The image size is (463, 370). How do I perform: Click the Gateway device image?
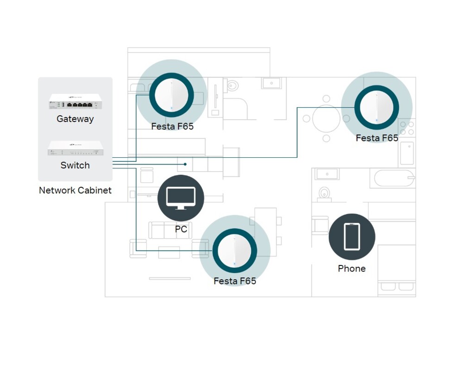[75, 102]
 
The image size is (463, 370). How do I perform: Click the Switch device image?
[75, 148]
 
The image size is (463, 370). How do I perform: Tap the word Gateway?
[75, 119]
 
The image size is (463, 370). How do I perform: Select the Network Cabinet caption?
[75, 190]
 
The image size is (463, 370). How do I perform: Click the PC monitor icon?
[181, 198]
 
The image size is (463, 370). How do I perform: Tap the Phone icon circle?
[352, 236]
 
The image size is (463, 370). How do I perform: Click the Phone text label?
[352, 269]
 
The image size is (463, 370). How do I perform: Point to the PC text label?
[181, 229]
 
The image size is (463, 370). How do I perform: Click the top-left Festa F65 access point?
[171, 95]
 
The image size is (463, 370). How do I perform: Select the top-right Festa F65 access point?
[376, 107]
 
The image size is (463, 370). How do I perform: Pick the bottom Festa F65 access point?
[235, 250]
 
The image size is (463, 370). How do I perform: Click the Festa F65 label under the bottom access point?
[235, 281]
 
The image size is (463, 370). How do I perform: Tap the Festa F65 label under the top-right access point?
[376, 138]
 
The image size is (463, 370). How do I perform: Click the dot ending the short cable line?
[185, 164]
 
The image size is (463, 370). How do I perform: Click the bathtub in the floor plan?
[394, 178]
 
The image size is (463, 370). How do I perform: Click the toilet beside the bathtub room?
[324, 193]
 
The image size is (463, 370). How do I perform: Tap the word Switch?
[75, 165]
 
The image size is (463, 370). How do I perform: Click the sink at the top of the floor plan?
[271, 83]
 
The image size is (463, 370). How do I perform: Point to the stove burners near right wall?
[407, 128]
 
